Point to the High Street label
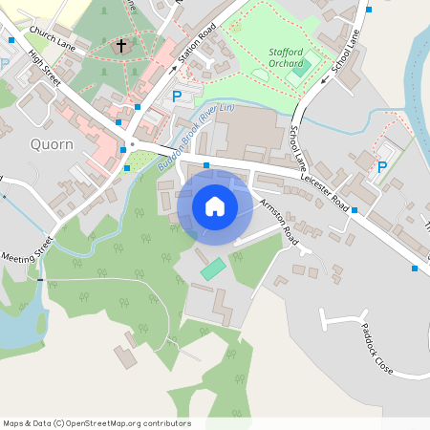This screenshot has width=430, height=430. point(47,70)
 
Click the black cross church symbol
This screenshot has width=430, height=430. point(121,45)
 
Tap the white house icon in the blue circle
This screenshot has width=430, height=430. point(214,205)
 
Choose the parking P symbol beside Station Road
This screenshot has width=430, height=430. point(176,96)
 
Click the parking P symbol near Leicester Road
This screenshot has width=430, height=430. point(382,167)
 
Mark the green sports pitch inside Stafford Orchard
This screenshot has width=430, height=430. point(302,68)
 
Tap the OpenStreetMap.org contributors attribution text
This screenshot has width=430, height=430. point(97,422)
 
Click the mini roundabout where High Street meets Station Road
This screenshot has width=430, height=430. point(131,146)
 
